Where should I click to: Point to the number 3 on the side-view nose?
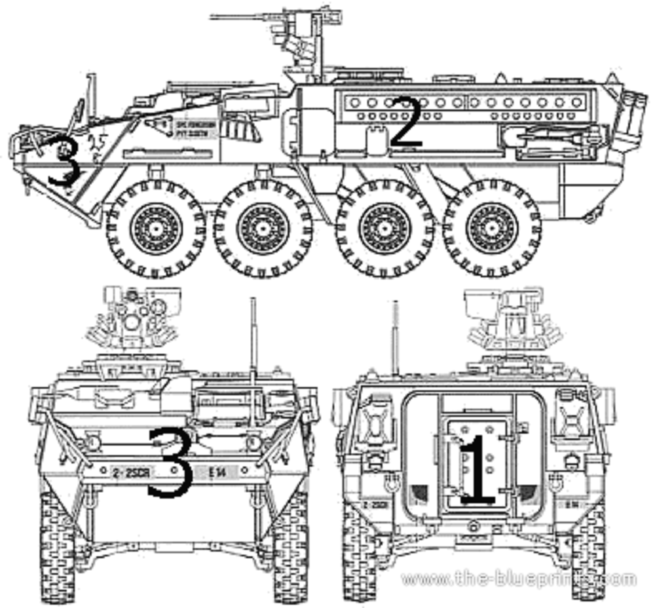64,161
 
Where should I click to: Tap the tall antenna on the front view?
253,354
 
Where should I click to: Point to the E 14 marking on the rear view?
571,504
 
